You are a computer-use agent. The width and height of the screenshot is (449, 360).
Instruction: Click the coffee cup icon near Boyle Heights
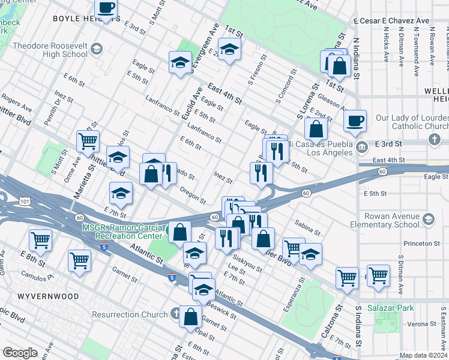click(106, 8)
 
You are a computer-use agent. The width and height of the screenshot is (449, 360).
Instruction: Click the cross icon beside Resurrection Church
click(174, 314)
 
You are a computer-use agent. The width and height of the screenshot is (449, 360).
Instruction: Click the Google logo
click(20, 352)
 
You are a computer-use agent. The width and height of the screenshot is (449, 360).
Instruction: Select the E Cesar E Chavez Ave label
click(391, 20)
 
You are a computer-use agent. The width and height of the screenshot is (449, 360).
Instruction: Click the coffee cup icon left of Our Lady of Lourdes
click(355, 119)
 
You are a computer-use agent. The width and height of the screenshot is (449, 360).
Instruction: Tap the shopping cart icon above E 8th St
click(40, 240)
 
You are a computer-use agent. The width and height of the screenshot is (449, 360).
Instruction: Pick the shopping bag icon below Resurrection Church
click(190, 317)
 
